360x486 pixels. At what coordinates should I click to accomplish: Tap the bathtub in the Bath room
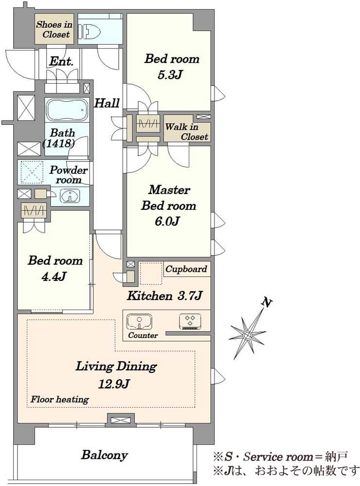coord(67,109)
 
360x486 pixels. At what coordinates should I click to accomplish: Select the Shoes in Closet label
coord(54,29)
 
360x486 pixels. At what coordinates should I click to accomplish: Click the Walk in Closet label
coord(186,131)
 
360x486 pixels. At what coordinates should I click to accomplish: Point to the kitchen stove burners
coord(190,321)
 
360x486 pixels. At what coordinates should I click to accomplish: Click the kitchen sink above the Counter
coord(139,321)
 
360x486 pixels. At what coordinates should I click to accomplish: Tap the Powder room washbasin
coord(70,196)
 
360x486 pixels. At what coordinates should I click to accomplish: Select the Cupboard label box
coord(186,269)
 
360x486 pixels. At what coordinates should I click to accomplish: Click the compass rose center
coord(247,335)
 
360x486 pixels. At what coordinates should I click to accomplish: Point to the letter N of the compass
coord(267,302)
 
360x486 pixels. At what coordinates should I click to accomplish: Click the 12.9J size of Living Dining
coord(113,384)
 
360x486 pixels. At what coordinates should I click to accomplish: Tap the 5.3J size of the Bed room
coord(169,75)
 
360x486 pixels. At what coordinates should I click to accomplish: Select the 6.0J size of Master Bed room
coord(167,221)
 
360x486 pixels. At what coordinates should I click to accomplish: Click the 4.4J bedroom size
coord(54,276)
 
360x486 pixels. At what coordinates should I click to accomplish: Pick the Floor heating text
coord(59,399)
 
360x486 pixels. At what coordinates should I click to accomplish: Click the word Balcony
coord(104,455)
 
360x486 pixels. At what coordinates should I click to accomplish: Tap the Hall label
coord(107,103)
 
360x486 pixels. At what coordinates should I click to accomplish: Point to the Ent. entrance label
coord(61,61)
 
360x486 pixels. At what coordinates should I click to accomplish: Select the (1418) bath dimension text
coord(59,143)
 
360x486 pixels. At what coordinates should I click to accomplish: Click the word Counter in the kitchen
coord(143,335)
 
